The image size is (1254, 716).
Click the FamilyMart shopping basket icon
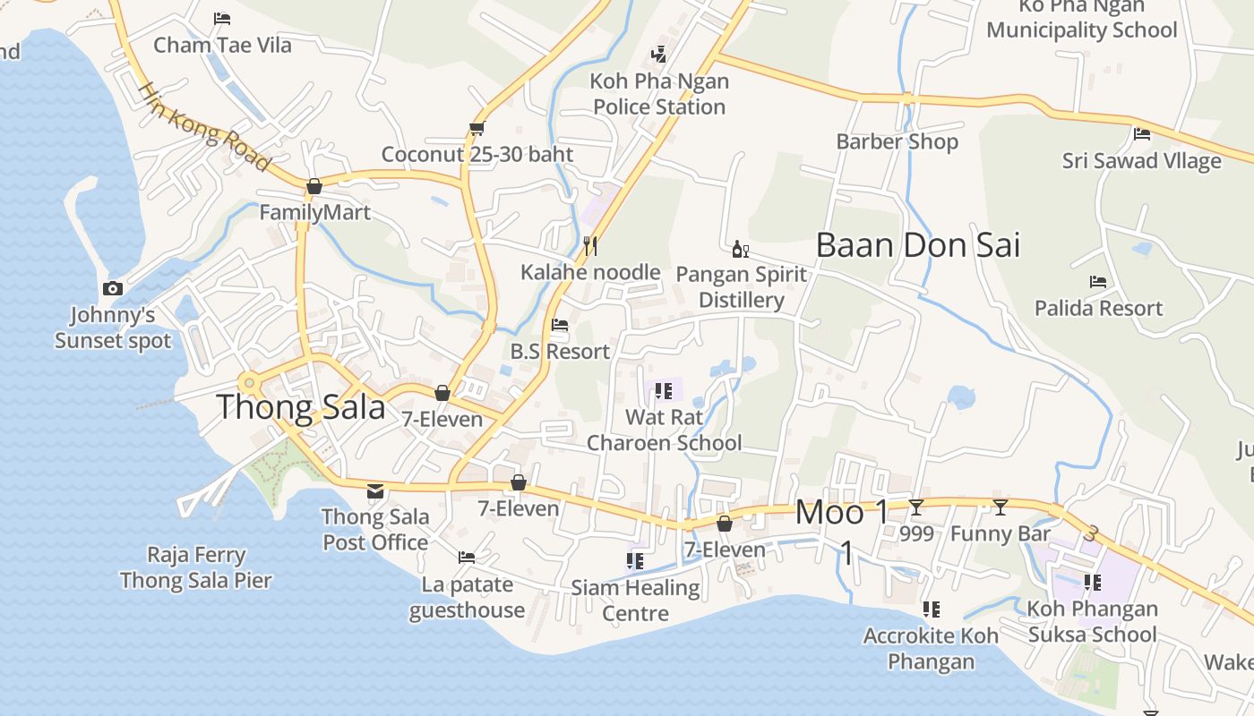pos(314,186)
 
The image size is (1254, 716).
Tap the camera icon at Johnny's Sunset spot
pos(113,288)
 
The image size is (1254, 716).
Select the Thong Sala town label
pos(301,408)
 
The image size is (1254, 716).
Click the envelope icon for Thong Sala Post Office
pos(375,490)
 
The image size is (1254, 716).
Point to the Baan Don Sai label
pos(918,245)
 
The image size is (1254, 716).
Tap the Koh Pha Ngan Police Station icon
pos(659,55)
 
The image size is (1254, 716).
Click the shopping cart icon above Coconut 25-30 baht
pos(477,129)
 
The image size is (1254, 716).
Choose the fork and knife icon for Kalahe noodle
pos(590,245)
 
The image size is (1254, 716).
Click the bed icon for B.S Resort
pos(560,325)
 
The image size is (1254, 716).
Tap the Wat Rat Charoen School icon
pos(664,390)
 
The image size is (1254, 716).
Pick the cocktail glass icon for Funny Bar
pos(1001,507)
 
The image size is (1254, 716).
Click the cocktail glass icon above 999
pos(916,507)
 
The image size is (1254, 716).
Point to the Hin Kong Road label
pos(204,127)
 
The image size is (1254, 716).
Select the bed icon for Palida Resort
pos(1098,281)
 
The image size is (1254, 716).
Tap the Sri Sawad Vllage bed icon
pos(1142,134)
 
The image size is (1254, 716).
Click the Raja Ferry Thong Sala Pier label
pos(196,567)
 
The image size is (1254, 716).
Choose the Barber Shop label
pos(897,141)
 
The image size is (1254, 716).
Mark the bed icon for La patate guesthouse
pos(467,558)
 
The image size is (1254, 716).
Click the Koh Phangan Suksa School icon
pos(1093,583)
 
